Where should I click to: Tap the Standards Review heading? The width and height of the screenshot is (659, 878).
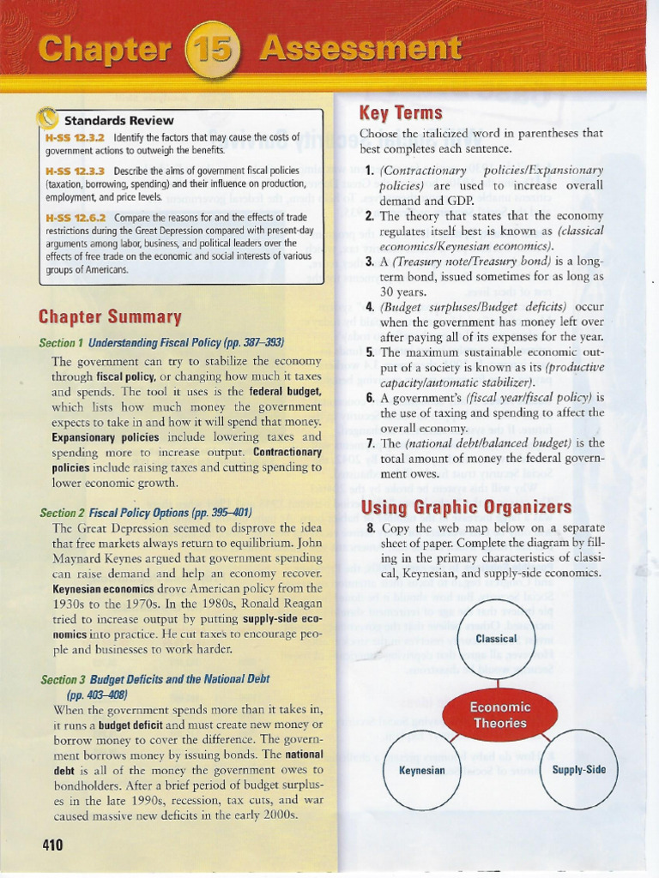click(118, 121)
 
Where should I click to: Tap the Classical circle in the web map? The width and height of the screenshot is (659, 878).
click(495, 639)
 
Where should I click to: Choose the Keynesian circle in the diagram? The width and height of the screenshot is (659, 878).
click(421, 770)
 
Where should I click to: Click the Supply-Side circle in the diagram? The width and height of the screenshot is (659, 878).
click(578, 769)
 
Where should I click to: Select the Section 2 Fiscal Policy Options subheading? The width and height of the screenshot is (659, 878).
click(145, 513)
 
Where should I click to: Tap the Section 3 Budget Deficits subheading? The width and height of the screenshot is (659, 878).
click(154, 679)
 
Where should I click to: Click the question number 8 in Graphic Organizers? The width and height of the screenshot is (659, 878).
click(370, 528)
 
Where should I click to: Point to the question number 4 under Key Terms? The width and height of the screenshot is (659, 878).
click(369, 307)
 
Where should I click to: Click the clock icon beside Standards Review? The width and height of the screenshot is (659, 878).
click(49, 119)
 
